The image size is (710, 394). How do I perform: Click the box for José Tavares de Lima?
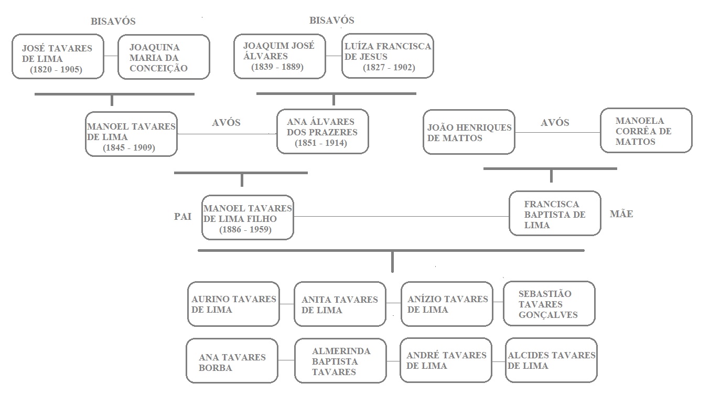(x=58, y=57)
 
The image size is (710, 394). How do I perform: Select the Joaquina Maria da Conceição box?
(x=164, y=57)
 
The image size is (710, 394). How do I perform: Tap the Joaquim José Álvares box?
(x=279, y=56)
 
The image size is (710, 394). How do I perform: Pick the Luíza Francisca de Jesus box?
(x=388, y=56)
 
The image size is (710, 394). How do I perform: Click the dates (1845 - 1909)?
(x=129, y=148)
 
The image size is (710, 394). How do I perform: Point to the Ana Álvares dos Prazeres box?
(x=322, y=132)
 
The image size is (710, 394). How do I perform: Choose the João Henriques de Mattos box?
(x=469, y=132)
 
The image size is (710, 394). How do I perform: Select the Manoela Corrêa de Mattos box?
(x=646, y=131)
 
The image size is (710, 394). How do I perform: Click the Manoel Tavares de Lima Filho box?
(x=248, y=218)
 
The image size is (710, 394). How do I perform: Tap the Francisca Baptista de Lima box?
(x=555, y=214)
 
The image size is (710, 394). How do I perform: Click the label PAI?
(x=183, y=217)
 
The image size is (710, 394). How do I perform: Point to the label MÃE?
(x=621, y=214)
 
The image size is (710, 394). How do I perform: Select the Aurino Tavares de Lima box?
(x=233, y=304)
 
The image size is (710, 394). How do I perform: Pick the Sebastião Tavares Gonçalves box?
(x=549, y=304)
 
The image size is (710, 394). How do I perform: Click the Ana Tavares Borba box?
(x=232, y=362)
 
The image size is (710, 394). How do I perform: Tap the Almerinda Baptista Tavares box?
(x=340, y=361)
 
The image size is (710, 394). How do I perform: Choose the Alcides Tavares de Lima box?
(x=552, y=360)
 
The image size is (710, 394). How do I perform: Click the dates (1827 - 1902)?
(x=389, y=67)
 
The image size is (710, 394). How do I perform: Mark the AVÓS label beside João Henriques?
(x=555, y=123)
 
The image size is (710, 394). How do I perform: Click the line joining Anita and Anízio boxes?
(x=393, y=303)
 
